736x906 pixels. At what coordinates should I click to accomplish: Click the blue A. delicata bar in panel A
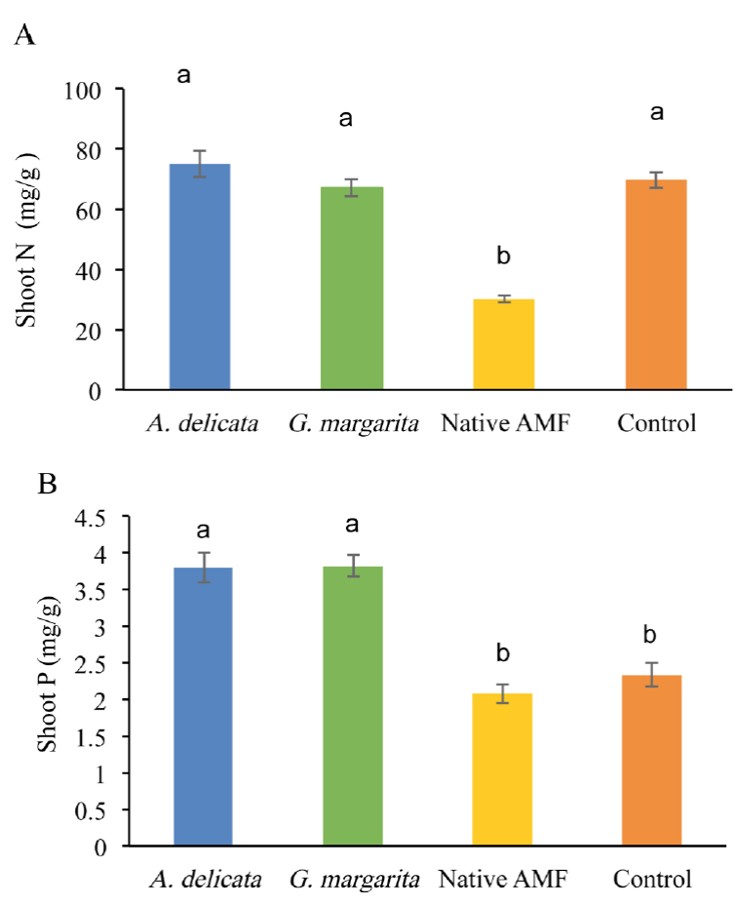200,278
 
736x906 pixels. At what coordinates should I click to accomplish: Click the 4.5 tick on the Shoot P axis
85,517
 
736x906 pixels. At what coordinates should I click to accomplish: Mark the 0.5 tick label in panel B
85,809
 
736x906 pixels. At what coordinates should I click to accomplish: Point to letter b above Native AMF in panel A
504,256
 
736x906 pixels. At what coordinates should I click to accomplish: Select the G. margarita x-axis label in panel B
354,879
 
